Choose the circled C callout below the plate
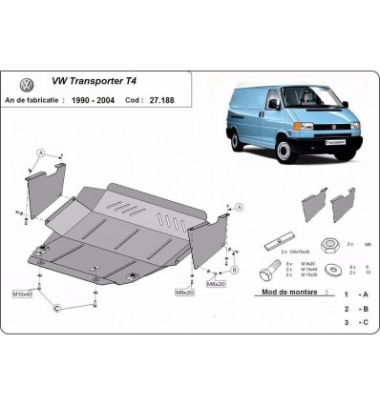(x=56, y=307)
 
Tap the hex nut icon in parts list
(x=329, y=245)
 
